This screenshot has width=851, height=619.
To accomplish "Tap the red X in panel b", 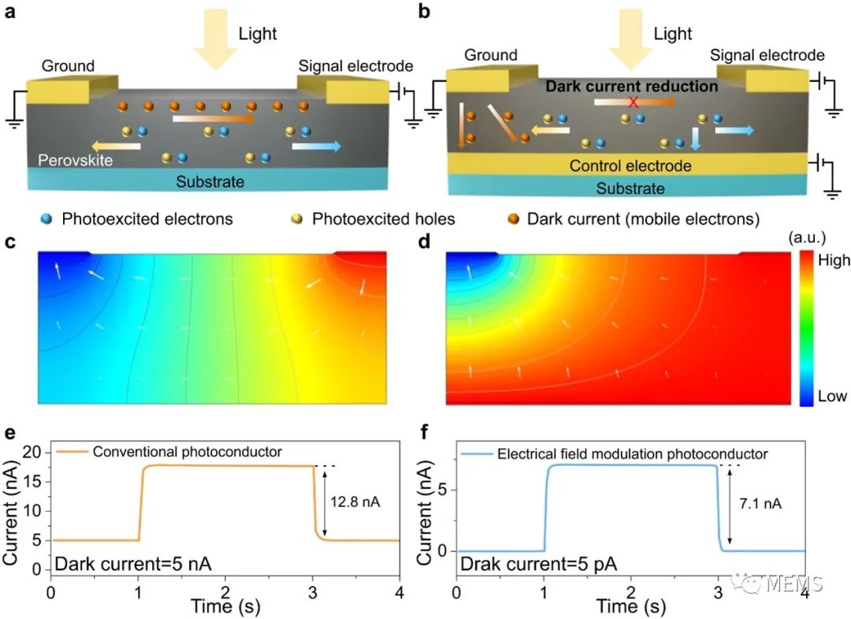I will (x=632, y=102).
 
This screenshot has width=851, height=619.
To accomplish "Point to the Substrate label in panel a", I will (x=210, y=182).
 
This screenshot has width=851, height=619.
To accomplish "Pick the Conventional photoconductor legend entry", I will (x=187, y=452).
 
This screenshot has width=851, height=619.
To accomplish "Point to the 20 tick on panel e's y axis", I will (x=31, y=451).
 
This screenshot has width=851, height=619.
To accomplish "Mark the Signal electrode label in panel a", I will (x=355, y=66).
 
